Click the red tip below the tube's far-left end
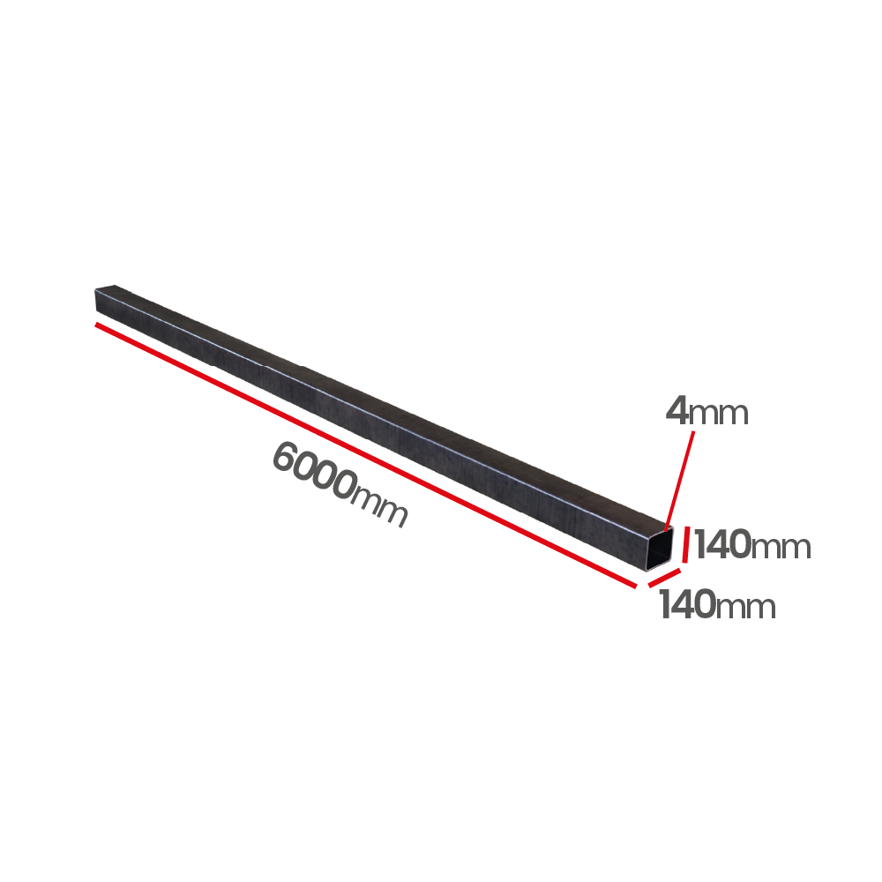pos(100,327)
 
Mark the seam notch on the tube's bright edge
pos(262,361)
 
